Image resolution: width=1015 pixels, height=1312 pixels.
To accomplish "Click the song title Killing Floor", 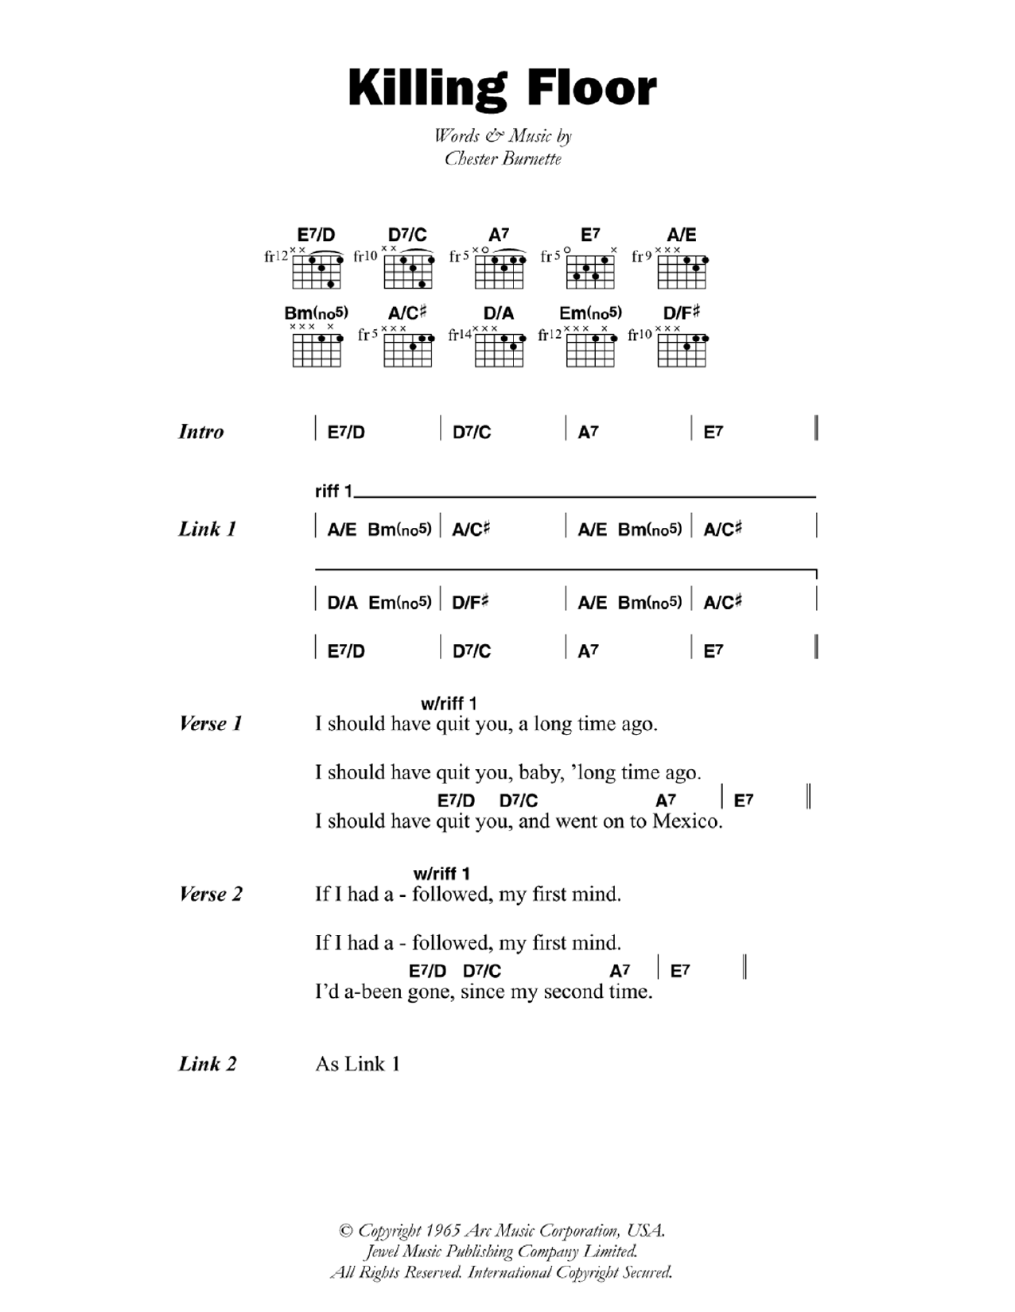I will pyautogui.click(x=502, y=88).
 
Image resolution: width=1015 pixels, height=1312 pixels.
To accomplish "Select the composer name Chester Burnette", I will pyautogui.click(x=503, y=159).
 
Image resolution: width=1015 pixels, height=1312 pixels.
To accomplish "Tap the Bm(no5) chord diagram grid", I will pyautogui.click(x=317, y=349).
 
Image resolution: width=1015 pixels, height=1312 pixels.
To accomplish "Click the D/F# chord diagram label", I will pyautogui.click(x=682, y=313).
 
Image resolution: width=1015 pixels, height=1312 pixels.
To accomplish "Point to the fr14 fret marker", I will pyautogui.click(x=460, y=335).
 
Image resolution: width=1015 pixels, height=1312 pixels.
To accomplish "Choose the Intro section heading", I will pyautogui.click(x=201, y=432).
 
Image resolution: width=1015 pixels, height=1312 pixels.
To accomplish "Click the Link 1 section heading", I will pyautogui.click(x=208, y=529).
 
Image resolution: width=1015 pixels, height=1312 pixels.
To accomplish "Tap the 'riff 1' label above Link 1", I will pyautogui.click(x=333, y=491).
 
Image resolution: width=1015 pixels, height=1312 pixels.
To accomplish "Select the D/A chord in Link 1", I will pyautogui.click(x=343, y=603).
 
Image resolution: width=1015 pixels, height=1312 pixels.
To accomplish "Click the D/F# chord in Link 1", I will pyautogui.click(x=470, y=603).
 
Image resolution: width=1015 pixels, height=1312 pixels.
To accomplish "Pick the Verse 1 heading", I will pyautogui.click(x=211, y=724).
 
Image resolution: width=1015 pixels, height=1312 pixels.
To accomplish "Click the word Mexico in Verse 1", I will pyautogui.click(x=687, y=821).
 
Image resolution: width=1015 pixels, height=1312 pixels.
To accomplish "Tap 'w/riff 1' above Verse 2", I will pyautogui.click(x=442, y=874).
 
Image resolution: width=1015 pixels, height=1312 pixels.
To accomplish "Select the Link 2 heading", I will pyautogui.click(x=208, y=1064).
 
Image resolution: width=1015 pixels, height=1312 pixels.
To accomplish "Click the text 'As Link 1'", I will pyautogui.click(x=358, y=1064).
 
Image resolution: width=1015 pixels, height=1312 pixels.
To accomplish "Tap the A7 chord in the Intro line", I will pyautogui.click(x=588, y=432).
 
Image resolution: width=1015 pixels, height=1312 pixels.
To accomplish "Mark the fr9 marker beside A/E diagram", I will pyautogui.click(x=642, y=256).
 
